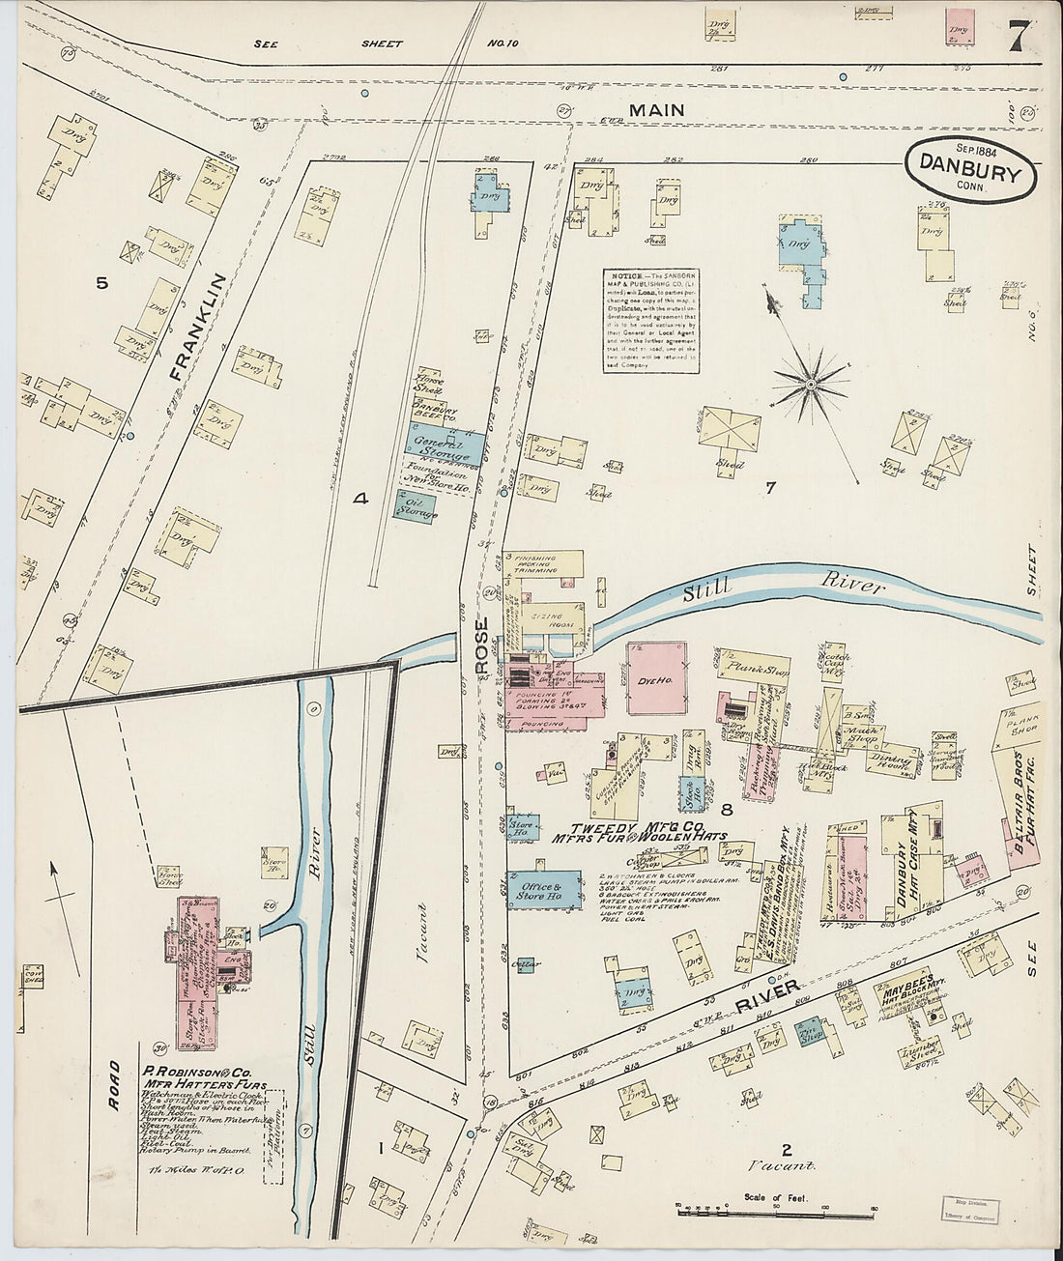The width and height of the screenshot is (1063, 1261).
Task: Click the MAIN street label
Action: tap(656, 110)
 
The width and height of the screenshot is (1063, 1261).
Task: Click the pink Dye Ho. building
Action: tap(656, 678)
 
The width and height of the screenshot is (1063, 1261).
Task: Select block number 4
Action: tap(360, 499)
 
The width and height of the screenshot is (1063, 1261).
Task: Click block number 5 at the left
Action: tap(101, 282)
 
